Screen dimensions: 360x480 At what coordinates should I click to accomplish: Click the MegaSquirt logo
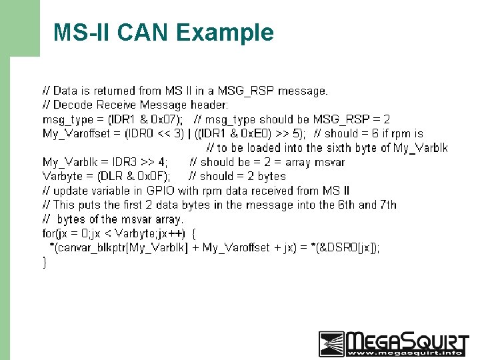393,343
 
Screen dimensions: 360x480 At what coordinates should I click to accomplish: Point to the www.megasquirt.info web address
407,353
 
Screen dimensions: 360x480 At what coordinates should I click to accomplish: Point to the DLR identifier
110,176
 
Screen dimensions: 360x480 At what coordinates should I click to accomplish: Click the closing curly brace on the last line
45,262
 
